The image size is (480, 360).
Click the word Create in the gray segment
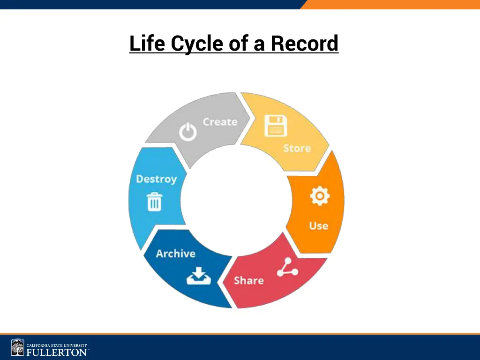[x=220, y=122]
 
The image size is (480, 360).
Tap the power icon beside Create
[x=187, y=133]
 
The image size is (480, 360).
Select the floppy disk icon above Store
[x=275, y=126]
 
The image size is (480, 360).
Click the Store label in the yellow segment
[x=297, y=149]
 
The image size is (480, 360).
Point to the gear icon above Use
[x=320, y=196]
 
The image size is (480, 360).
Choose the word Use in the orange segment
[x=318, y=225]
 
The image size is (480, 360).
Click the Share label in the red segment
[x=248, y=280]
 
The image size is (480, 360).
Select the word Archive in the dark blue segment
[x=175, y=254]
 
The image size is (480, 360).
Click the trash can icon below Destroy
[x=155, y=202]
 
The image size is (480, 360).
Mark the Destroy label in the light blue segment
[x=156, y=179]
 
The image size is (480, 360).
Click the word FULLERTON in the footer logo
[x=57, y=352]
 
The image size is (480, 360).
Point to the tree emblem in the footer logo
[x=18, y=348]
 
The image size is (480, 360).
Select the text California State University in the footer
[x=57, y=345]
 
